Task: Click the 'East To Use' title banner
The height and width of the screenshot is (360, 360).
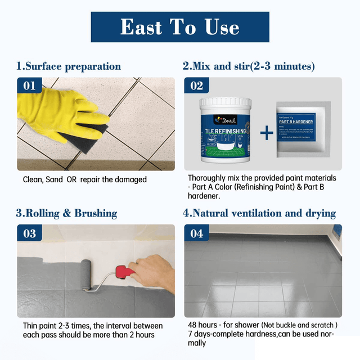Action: [179, 26]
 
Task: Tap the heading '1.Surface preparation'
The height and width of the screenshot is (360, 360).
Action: [68, 66]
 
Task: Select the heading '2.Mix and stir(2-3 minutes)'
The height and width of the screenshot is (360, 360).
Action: [249, 66]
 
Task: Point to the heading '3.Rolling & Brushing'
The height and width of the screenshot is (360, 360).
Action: [66, 213]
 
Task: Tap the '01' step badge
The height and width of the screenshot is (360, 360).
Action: [29, 86]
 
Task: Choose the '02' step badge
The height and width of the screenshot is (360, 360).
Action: [197, 86]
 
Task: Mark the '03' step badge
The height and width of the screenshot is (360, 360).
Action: [29, 233]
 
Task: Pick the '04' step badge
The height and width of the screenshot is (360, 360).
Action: [197, 233]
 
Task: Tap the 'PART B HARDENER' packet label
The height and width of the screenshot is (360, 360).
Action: [300, 120]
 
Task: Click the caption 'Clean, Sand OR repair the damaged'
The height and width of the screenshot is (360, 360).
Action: [84, 179]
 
